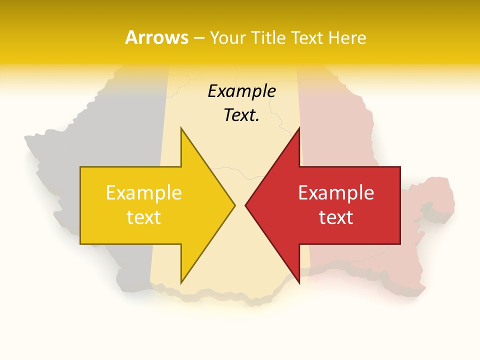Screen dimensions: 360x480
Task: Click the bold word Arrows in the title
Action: [156, 37]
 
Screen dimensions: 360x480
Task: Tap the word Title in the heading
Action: [266, 37]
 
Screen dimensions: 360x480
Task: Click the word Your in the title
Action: [227, 37]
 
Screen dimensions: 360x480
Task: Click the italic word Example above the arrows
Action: [241, 91]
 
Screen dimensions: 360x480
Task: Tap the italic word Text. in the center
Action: [241, 115]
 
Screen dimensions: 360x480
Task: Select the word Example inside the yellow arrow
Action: [143, 192]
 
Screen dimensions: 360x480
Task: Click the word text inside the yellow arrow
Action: [143, 217]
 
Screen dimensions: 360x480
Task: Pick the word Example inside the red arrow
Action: [336, 192]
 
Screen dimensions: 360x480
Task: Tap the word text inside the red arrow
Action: [336, 217]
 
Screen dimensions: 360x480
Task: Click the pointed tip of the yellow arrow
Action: [234, 205]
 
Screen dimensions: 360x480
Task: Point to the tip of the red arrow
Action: [246, 205]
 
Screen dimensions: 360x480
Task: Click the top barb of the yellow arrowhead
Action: [181, 129]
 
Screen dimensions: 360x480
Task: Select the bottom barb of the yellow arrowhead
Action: [181, 282]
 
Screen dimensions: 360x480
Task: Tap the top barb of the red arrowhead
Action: [299, 129]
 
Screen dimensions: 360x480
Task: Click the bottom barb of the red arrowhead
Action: [299, 282]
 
